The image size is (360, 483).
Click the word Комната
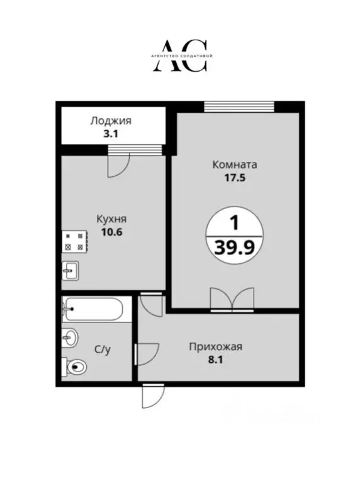coord(235,165)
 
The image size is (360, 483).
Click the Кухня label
coord(111,219)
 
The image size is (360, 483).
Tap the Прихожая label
coord(216,346)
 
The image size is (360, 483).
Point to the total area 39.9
coord(235,247)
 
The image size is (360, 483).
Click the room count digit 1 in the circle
coord(234,223)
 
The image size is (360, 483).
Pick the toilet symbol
coord(76,367)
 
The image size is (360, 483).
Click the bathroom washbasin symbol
coord(69,338)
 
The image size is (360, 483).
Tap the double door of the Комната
coord(233,300)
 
